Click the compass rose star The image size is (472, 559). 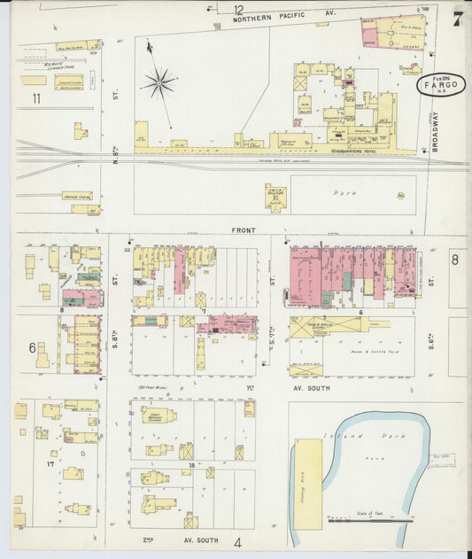point(160,84)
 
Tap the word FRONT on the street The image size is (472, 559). point(244,230)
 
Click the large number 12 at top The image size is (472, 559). point(238,11)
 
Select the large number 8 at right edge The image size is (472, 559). point(455,259)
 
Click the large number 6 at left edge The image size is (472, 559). point(33,347)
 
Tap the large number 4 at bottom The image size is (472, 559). point(237,542)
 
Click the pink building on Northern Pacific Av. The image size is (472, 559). point(381,32)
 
